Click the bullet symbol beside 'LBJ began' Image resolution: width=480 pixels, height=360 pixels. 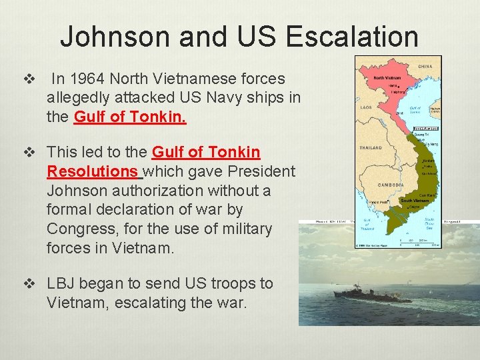tap(28, 283)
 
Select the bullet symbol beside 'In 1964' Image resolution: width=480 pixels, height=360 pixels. tap(28, 79)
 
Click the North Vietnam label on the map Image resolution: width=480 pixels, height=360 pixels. tap(387, 77)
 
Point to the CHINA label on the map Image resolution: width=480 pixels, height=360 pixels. tap(425, 67)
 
